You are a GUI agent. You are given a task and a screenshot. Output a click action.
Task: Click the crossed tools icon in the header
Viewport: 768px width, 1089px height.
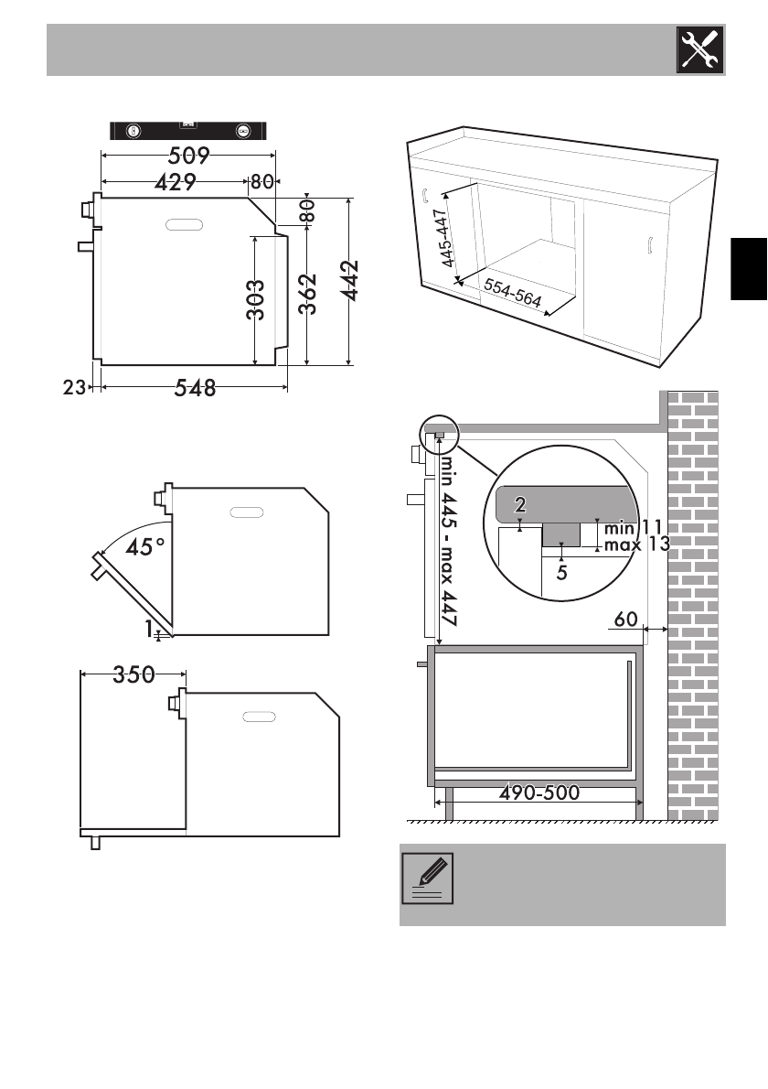[x=700, y=49]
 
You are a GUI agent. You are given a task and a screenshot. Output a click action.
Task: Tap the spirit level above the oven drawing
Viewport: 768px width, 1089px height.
[x=188, y=131]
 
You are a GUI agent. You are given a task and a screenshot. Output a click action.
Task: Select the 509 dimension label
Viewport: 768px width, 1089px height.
[x=188, y=155]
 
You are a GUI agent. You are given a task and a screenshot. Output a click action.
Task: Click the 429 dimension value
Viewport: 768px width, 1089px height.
[x=176, y=182]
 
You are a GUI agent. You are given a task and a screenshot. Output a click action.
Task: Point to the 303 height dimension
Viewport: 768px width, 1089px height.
[x=255, y=299]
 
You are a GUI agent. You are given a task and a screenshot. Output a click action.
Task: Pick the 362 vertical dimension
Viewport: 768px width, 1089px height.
[x=307, y=294]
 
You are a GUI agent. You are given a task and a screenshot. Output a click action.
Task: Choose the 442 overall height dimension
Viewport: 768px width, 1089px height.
[x=349, y=281]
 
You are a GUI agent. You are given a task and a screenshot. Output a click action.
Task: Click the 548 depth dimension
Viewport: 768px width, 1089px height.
[x=195, y=387]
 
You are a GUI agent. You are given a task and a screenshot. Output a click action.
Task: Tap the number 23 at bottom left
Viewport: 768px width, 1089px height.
[x=73, y=387]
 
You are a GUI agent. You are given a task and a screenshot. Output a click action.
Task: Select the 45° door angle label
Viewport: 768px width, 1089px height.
[x=145, y=546]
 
